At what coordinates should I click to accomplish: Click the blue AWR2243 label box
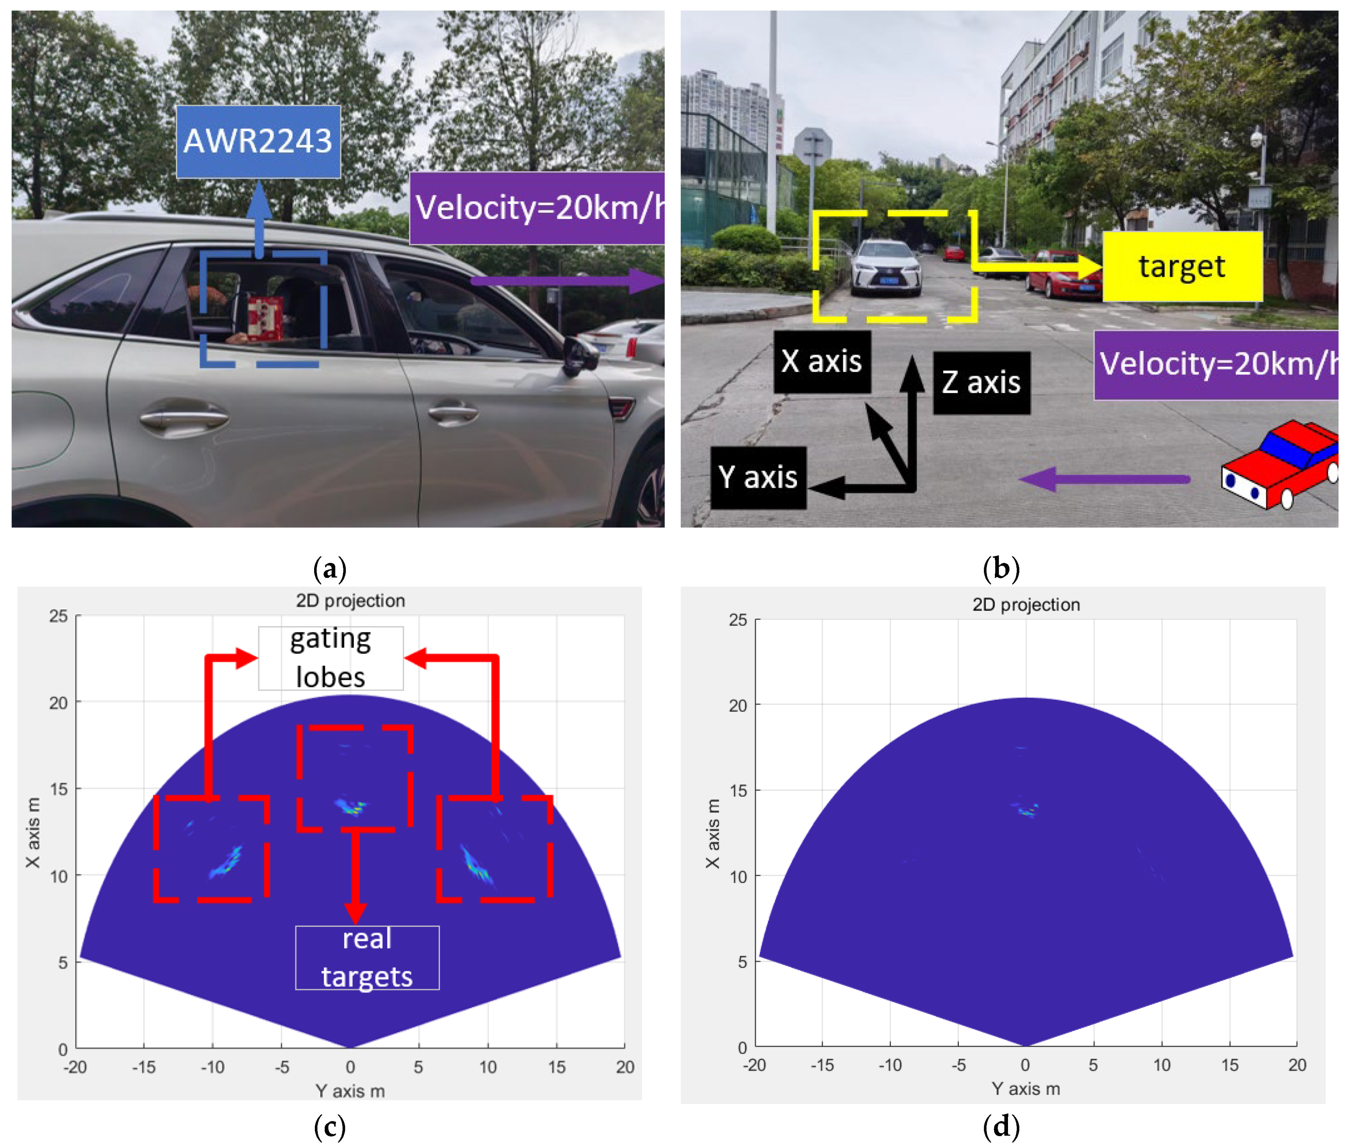point(258,141)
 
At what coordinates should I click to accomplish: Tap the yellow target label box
point(1182,267)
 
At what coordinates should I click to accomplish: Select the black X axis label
point(822,361)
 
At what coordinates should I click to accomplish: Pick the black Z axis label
point(981,382)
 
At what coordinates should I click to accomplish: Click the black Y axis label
point(758,478)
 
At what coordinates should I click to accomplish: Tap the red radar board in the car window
point(265,319)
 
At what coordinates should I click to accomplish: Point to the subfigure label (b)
point(1001,568)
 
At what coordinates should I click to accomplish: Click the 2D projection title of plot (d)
point(1026,605)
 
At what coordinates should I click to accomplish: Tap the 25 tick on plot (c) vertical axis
point(59,616)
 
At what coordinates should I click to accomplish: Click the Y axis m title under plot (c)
point(350,1091)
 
